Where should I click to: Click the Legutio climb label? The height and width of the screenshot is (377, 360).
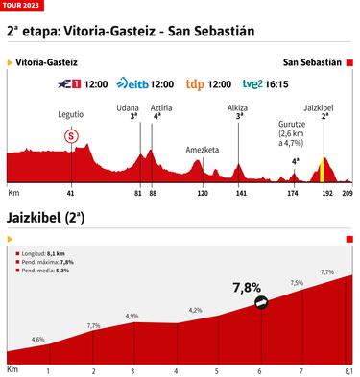tap(71, 115)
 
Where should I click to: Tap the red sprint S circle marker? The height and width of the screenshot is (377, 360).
tap(71, 135)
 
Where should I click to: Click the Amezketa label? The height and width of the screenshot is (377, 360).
tap(201, 149)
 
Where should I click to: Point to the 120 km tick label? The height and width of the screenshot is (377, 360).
tap(202, 193)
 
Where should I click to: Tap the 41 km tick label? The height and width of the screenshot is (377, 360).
tap(71, 193)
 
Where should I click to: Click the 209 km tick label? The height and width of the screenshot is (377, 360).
tap(348, 193)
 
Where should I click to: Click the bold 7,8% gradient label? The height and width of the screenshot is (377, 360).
tap(247, 286)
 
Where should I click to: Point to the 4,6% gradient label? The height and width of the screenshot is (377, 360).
tap(38, 339)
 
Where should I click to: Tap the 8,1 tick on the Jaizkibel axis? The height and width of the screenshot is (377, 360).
tap(348, 370)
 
